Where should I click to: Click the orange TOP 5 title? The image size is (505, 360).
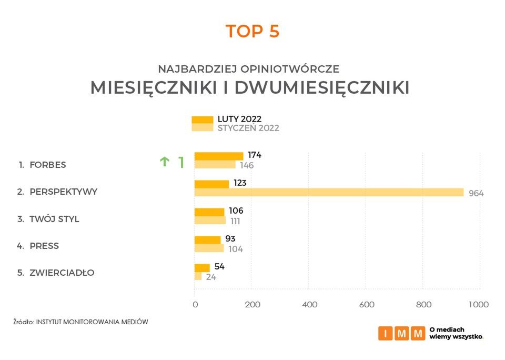click(x=252, y=32)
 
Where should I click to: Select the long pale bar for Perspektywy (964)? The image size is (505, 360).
click(x=329, y=192)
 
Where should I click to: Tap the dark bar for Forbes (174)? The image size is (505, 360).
click(x=219, y=156)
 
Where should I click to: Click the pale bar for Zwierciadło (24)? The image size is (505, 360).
click(x=198, y=276)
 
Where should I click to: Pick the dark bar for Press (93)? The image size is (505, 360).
click(x=208, y=240)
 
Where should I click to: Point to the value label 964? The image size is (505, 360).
click(x=476, y=193)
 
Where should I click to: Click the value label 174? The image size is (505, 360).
click(x=255, y=155)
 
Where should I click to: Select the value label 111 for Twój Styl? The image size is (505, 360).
click(x=235, y=221)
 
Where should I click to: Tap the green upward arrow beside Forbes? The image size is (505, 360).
click(x=164, y=162)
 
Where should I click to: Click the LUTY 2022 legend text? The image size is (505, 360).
click(x=239, y=119)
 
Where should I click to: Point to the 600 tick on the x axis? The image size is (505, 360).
click(x=366, y=305)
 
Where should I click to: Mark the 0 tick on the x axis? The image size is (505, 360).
click(x=195, y=305)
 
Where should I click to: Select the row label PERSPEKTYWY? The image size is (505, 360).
click(x=63, y=192)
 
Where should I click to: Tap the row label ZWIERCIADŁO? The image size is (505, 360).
click(x=62, y=273)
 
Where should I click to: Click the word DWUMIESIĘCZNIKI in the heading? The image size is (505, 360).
click(x=322, y=88)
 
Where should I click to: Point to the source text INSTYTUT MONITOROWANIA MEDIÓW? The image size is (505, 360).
click(x=92, y=321)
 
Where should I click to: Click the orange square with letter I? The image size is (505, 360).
click(x=385, y=333)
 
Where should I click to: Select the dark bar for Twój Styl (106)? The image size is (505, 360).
click(x=209, y=212)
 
